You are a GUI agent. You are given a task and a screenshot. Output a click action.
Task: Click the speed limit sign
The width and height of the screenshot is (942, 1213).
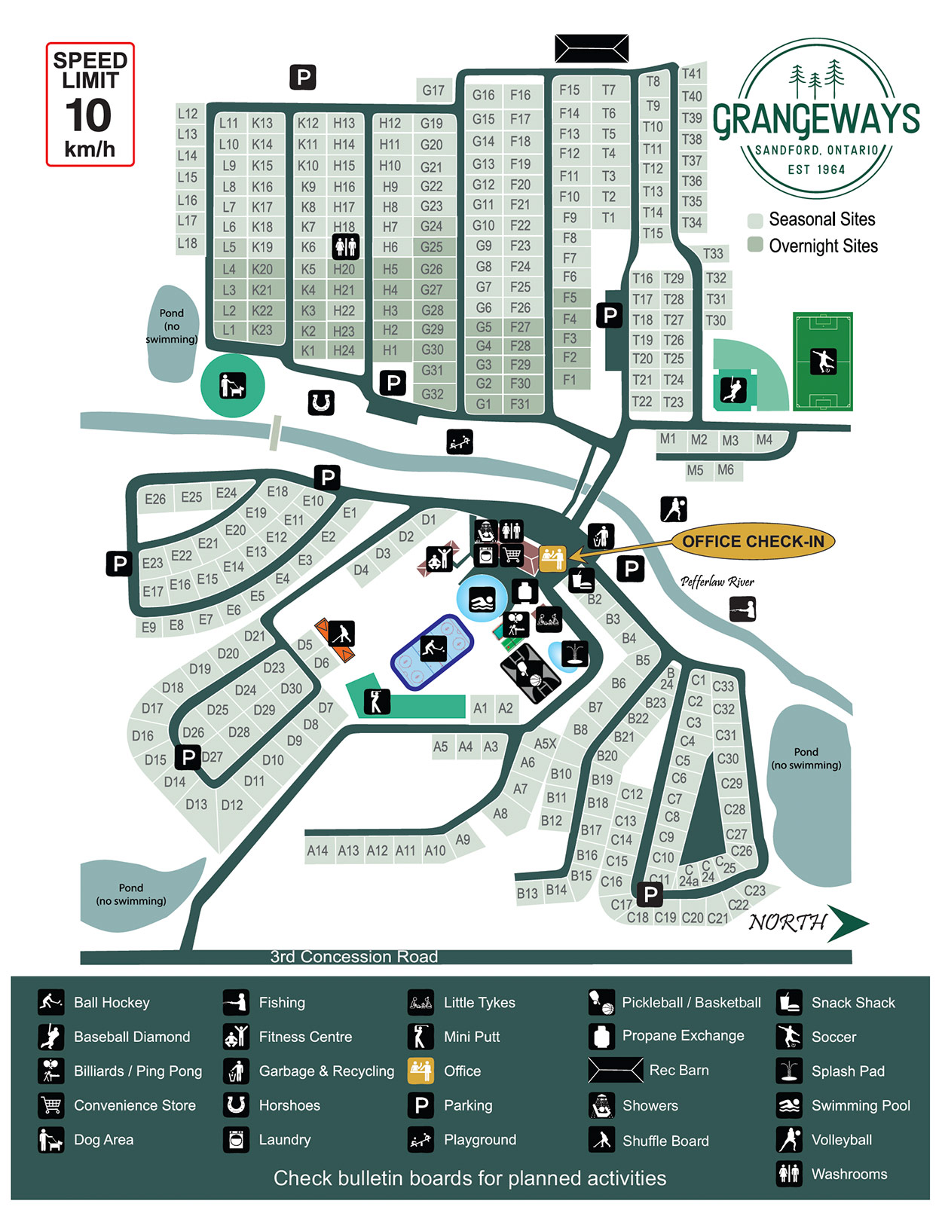click(x=90, y=104)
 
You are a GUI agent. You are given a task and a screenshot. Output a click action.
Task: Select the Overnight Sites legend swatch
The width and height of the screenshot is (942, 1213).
click(x=755, y=245)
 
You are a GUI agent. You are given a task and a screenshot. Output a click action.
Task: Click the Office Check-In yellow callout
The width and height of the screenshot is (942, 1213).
click(x=752, y=542)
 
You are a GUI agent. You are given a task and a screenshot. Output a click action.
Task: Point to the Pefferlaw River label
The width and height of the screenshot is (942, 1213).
click(x=717, y=582)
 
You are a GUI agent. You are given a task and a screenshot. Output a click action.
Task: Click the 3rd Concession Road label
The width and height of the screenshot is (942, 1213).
click(x=354, y=957)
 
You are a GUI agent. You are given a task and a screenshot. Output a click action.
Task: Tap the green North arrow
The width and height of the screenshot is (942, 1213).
click(x=847, y=923)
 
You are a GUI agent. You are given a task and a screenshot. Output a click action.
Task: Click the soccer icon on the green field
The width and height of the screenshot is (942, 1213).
click(x=823, y=362)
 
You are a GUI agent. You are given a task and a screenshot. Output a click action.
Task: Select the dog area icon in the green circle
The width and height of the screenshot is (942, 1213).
click(x=232, y=386)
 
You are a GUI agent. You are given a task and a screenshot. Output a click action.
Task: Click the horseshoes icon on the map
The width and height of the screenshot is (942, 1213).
click(x=321, y=402)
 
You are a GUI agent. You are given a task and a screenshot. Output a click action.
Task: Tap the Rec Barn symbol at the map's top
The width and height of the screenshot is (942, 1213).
click(x=592, y=49)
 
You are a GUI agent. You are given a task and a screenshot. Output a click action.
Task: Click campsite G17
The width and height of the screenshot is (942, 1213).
click(x=433, y=90)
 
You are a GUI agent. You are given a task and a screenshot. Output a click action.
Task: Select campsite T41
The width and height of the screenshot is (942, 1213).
click(x=691, y=74)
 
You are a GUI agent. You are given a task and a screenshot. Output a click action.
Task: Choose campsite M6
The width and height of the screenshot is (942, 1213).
click(x=726, y=470)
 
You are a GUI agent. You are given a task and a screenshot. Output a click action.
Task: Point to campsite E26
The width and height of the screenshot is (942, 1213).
click(x=155, y=499)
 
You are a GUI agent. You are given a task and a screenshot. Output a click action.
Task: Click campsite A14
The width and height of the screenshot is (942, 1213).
click(x=317, y=851)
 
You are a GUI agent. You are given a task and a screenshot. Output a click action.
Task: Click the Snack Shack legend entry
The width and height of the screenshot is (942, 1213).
click(x=852, y=1003)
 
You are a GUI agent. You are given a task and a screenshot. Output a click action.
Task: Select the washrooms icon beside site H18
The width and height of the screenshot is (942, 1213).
click(x=346, y=246)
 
